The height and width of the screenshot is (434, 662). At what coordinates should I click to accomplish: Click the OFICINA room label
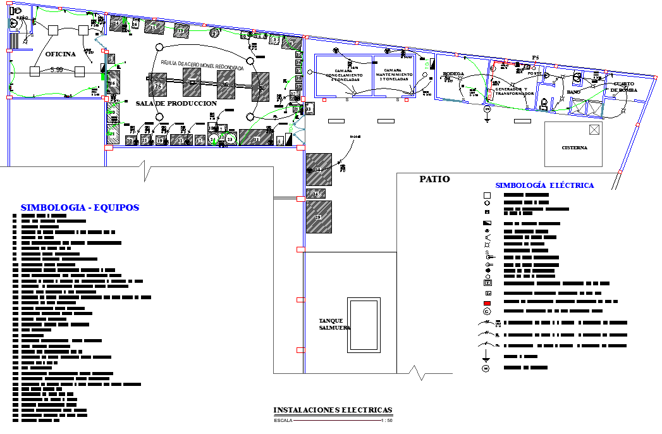pyautogui.click(x=60, y=54)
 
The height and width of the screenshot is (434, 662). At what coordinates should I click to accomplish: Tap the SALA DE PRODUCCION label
pyautogui.click(x=176, y=103)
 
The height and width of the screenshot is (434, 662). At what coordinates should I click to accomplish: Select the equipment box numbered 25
pyautogui.click(x=157, y=85)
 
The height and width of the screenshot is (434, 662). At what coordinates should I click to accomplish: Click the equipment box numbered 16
pyautogui.click(x=113, y=82)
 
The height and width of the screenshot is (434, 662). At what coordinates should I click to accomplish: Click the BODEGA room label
pyautogui.click(x=453, y=74)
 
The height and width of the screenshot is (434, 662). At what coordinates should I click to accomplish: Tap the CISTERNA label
pyautogui.click(x=574, y=148)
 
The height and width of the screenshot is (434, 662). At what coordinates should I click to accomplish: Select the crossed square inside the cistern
pyautogui.click(x=593, y=130)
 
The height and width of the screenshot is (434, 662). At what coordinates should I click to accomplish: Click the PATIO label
pyautogui.click(x=434, y=180)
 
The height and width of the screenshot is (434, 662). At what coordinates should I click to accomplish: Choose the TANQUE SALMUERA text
pyautogui.click(x=334, y=324)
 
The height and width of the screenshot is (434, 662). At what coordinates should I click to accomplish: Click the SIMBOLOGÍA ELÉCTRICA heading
pyautogui.click(x=544, y=185)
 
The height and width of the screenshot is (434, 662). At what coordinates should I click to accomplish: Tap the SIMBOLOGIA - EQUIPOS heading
pyautogui.click(x=80, y=208)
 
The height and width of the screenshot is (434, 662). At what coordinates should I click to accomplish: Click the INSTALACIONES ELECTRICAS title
pyautogui.click(x=333, y=410)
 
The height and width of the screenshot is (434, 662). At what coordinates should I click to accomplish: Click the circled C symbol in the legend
pyautogui.click(x=487, y=311)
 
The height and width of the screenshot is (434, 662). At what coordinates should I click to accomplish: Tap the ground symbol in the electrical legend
pyautogui.click(x=487, y=357)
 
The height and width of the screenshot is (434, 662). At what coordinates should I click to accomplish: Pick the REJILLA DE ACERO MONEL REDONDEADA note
pyautogui.click(x=202, y=65)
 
